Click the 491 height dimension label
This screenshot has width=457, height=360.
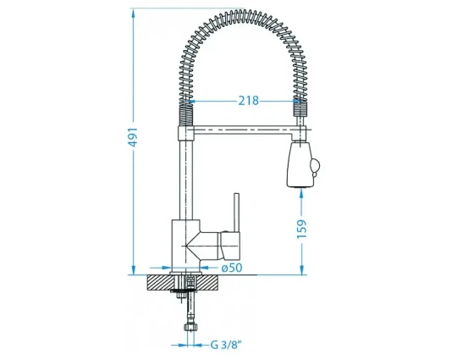pos(133,137)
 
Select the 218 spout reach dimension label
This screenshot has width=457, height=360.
pos(249,101)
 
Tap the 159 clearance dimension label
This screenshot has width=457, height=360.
pos(301,229)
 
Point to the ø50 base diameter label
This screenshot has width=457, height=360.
pos(232,268)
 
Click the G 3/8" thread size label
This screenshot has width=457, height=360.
pos(226,345)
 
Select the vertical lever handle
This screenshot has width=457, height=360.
pos(237,213)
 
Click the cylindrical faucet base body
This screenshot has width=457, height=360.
pos(185,246)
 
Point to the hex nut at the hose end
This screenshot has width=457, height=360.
pos(190,326)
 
